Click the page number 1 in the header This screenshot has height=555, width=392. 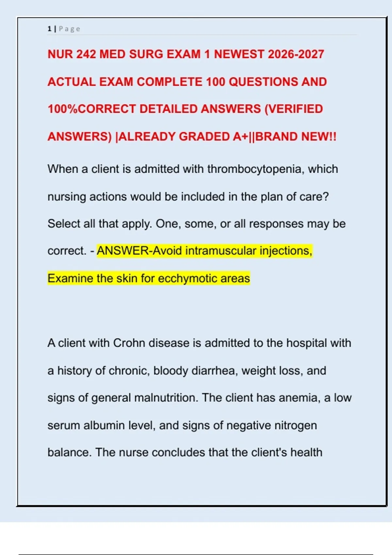[49, 29]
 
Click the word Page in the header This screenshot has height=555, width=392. [69, 29]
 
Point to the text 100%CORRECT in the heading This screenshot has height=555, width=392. [92, 109]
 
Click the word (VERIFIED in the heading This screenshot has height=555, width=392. [293, 109]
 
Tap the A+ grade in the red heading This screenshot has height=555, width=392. [240, 136]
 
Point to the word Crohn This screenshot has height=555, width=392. [129, 343]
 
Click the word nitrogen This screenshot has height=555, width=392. [295, 426]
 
